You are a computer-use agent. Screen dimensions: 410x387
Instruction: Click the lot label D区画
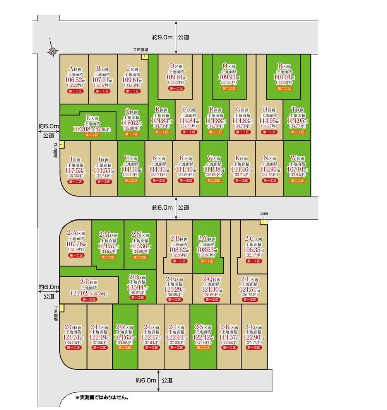(176, 66)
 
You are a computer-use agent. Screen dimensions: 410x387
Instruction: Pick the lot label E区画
(92, 118)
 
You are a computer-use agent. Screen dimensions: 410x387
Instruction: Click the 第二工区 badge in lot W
(297, 181)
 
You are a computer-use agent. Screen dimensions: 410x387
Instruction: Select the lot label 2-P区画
(138, 277)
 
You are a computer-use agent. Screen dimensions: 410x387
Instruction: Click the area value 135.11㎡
(137, 287)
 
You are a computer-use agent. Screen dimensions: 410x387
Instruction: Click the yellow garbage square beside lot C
(144, 56)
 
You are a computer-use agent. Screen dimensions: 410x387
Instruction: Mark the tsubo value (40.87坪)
(137, 293)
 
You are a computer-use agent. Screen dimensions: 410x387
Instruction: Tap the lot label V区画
(214, 159)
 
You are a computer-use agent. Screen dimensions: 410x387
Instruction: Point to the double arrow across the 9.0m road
(176, 37)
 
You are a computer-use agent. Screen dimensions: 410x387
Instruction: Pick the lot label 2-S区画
(203, 327)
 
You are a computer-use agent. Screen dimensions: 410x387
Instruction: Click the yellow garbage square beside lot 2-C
(263, 222)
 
